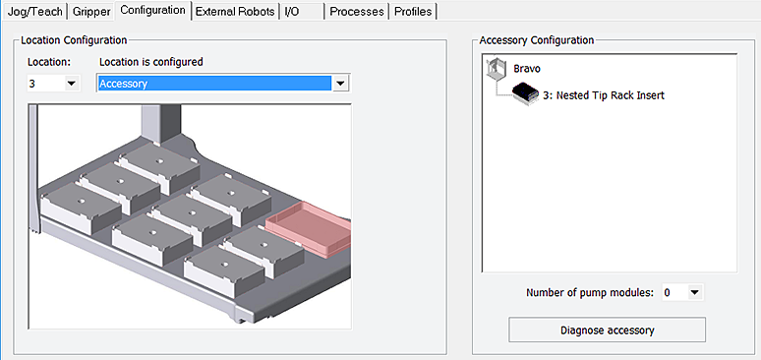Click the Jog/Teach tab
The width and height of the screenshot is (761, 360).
(x=35, y=12)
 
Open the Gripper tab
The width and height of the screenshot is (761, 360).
(x=91, y=12)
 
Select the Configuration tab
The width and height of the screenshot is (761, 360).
(x=152, y=10)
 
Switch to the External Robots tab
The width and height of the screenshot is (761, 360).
(x=235, y=12)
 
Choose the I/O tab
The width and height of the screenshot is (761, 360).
(x=302, y=12)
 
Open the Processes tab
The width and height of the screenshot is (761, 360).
(x=357, y=12)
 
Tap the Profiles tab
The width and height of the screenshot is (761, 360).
(x=413, y=12)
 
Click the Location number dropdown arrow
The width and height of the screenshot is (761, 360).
(x=72, y=84)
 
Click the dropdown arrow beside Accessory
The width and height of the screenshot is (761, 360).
(x=341, y=84)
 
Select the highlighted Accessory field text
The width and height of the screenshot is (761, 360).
(x=123, y=84)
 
